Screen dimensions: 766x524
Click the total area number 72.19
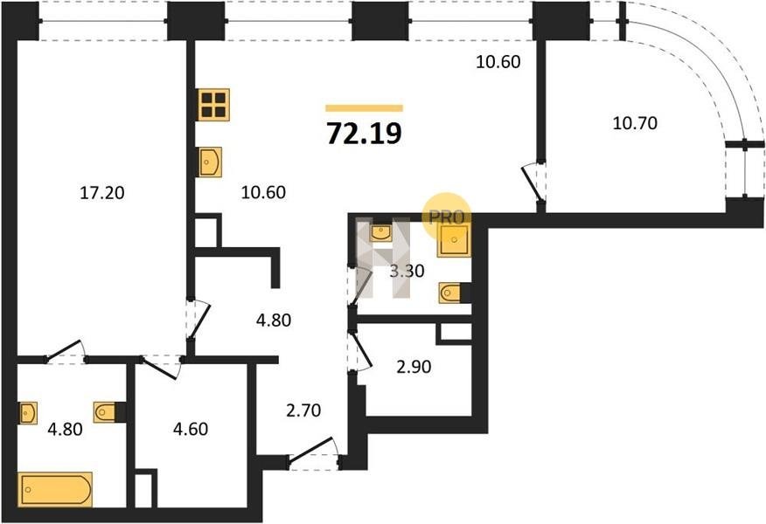click(x=364, y=134)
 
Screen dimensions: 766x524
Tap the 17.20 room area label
click(x=102, y=193)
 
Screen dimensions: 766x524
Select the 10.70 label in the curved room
click(x=635, y=123)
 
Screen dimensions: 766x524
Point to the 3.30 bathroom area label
click(x=407, y=270)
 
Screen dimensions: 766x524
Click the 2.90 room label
click(x=414, y=367)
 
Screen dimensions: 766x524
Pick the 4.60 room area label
click(x=191, y=429)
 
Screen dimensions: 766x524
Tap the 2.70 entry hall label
click(x=303, y=410)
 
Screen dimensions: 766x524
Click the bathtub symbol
click(x=55, y=489)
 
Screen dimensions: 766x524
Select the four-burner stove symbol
click(x=214, y=105)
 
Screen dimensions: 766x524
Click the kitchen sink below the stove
click(x=210, y=162)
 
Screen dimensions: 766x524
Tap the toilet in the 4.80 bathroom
click(x=105, y=412)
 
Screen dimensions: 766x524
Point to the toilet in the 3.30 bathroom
click(x=450, y=293)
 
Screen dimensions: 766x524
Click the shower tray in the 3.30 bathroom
click(x=455, y=240)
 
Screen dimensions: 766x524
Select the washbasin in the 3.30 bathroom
click(x=381, y=233)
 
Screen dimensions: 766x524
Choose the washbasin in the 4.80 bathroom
click(x=29, y=413)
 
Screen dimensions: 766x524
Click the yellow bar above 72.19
click(x=365, y=108)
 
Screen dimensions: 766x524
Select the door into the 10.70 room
click(x=533, y=182)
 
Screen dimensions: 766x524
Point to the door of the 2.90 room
click(x=360, y=350)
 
